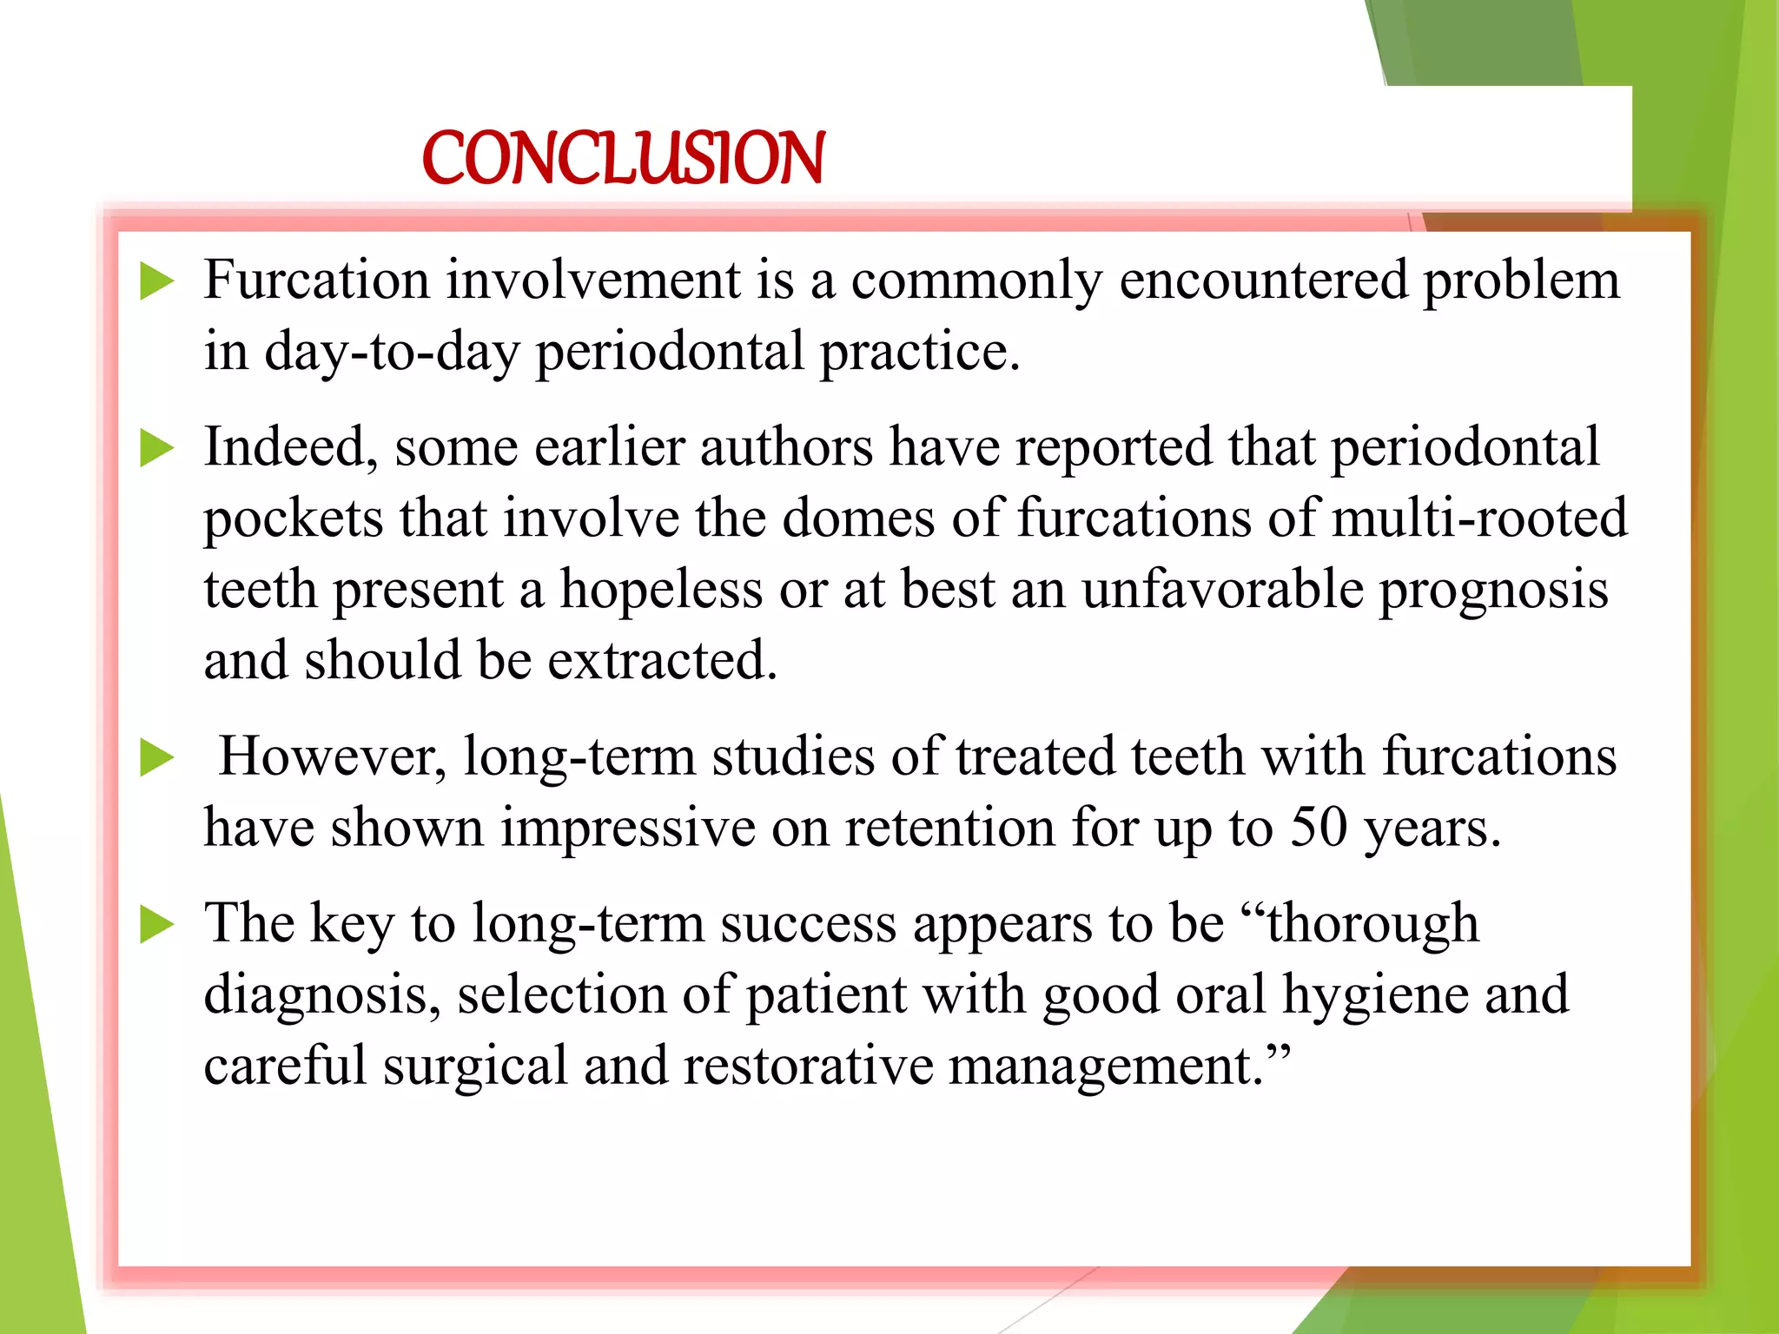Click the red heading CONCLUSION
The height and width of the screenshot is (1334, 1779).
623,158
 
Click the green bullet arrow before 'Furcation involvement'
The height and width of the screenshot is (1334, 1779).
156,282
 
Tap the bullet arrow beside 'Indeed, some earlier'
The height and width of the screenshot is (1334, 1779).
156,449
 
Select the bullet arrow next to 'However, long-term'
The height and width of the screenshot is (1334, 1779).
156,758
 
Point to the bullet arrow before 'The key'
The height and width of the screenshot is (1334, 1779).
156,925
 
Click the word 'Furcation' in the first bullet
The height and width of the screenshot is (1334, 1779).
316,281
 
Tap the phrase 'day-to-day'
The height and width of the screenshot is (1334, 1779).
392,353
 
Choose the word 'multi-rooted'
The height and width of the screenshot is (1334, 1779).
1479,518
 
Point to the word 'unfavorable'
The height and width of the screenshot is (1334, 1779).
1222,590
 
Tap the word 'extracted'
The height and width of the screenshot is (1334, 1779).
661,661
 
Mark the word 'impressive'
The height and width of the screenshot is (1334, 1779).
627,828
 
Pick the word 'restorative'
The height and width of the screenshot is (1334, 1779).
808,1066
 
